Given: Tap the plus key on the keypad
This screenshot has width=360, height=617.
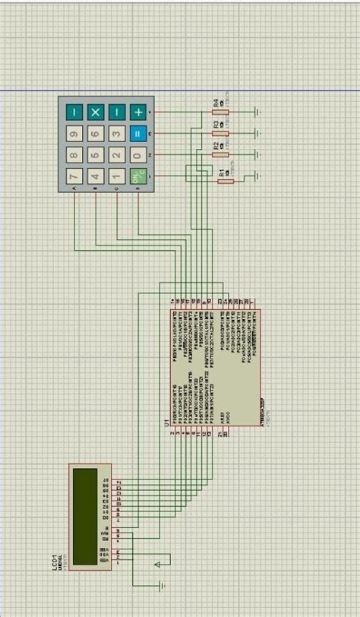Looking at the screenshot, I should (138, 112).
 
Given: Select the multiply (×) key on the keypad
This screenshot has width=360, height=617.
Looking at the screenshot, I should (95, 112).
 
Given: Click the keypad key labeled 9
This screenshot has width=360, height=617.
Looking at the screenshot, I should (74, 134).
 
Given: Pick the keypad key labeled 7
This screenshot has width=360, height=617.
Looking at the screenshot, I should (74, 177).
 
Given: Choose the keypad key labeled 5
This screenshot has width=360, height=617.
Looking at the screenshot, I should (95, 156).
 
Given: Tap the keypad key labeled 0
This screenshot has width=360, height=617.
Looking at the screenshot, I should (137, 156).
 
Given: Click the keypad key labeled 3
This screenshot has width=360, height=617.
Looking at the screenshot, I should (116, 134).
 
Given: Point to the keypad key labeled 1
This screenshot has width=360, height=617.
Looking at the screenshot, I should (116, 177).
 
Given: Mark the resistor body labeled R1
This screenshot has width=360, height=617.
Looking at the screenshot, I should (225, 179).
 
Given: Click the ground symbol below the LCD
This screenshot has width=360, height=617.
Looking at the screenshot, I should (161, 584).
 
